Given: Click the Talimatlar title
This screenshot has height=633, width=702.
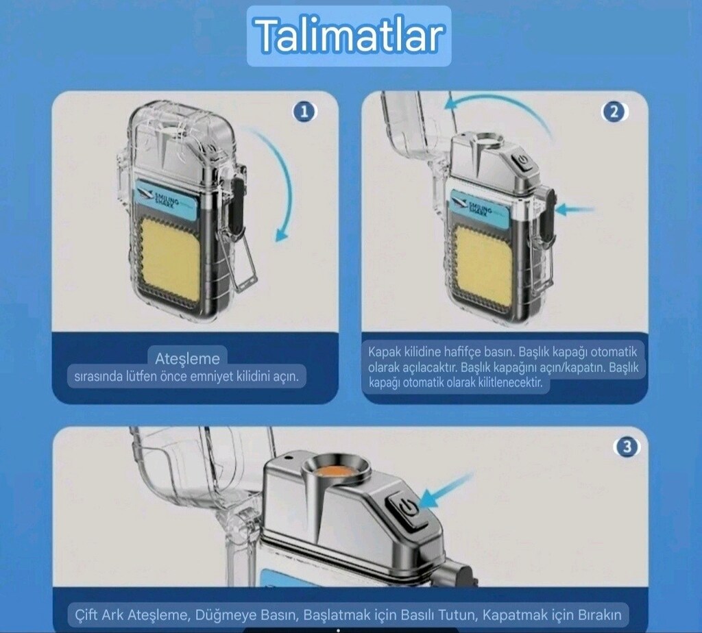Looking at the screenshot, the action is pyautogui.click(x=349, y=36).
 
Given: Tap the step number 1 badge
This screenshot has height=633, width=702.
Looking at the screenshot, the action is pyautogui.click(x=304, y=112).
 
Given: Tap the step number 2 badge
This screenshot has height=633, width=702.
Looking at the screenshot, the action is pyautogui.click(x=614, y=112).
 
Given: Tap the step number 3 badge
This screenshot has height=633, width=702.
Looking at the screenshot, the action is pyautogui.click(x=627, y=447).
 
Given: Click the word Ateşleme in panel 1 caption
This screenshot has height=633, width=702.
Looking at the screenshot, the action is pyautogui.click(x=188, y=359).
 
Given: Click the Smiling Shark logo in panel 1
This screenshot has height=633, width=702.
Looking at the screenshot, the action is pyautogui.click(x=167, y=199).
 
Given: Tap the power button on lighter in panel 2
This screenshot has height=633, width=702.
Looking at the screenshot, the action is pyautogui.click(x=522, y=160).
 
